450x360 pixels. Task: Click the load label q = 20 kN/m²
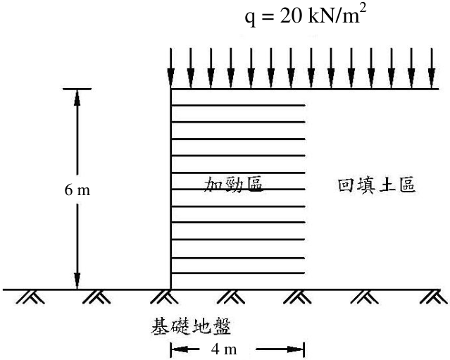click(306, 15)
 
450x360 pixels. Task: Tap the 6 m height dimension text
click(77, 190)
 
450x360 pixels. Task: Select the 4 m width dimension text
click(224, 349)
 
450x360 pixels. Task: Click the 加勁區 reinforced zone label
click(233, 185)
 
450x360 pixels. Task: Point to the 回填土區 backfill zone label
click(377, 185)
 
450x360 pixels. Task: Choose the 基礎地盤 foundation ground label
click(191, 326)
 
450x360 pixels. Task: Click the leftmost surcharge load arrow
click(170, 68)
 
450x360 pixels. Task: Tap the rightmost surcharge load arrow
click(432, 68)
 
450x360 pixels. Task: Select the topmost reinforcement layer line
click(238, 106)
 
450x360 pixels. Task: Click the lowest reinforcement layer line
click(238, 273)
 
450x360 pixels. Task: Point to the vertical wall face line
click(170, 190)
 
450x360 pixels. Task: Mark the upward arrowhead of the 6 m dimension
click(77, 98)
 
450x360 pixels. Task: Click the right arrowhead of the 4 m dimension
click(295, 349)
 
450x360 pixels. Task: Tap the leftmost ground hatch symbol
click(30, 297)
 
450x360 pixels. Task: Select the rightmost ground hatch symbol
click(434, 297)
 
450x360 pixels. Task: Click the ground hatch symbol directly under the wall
click(164, 297)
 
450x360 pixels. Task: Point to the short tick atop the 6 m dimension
click(77, 89)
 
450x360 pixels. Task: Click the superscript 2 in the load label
click(363, 11)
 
